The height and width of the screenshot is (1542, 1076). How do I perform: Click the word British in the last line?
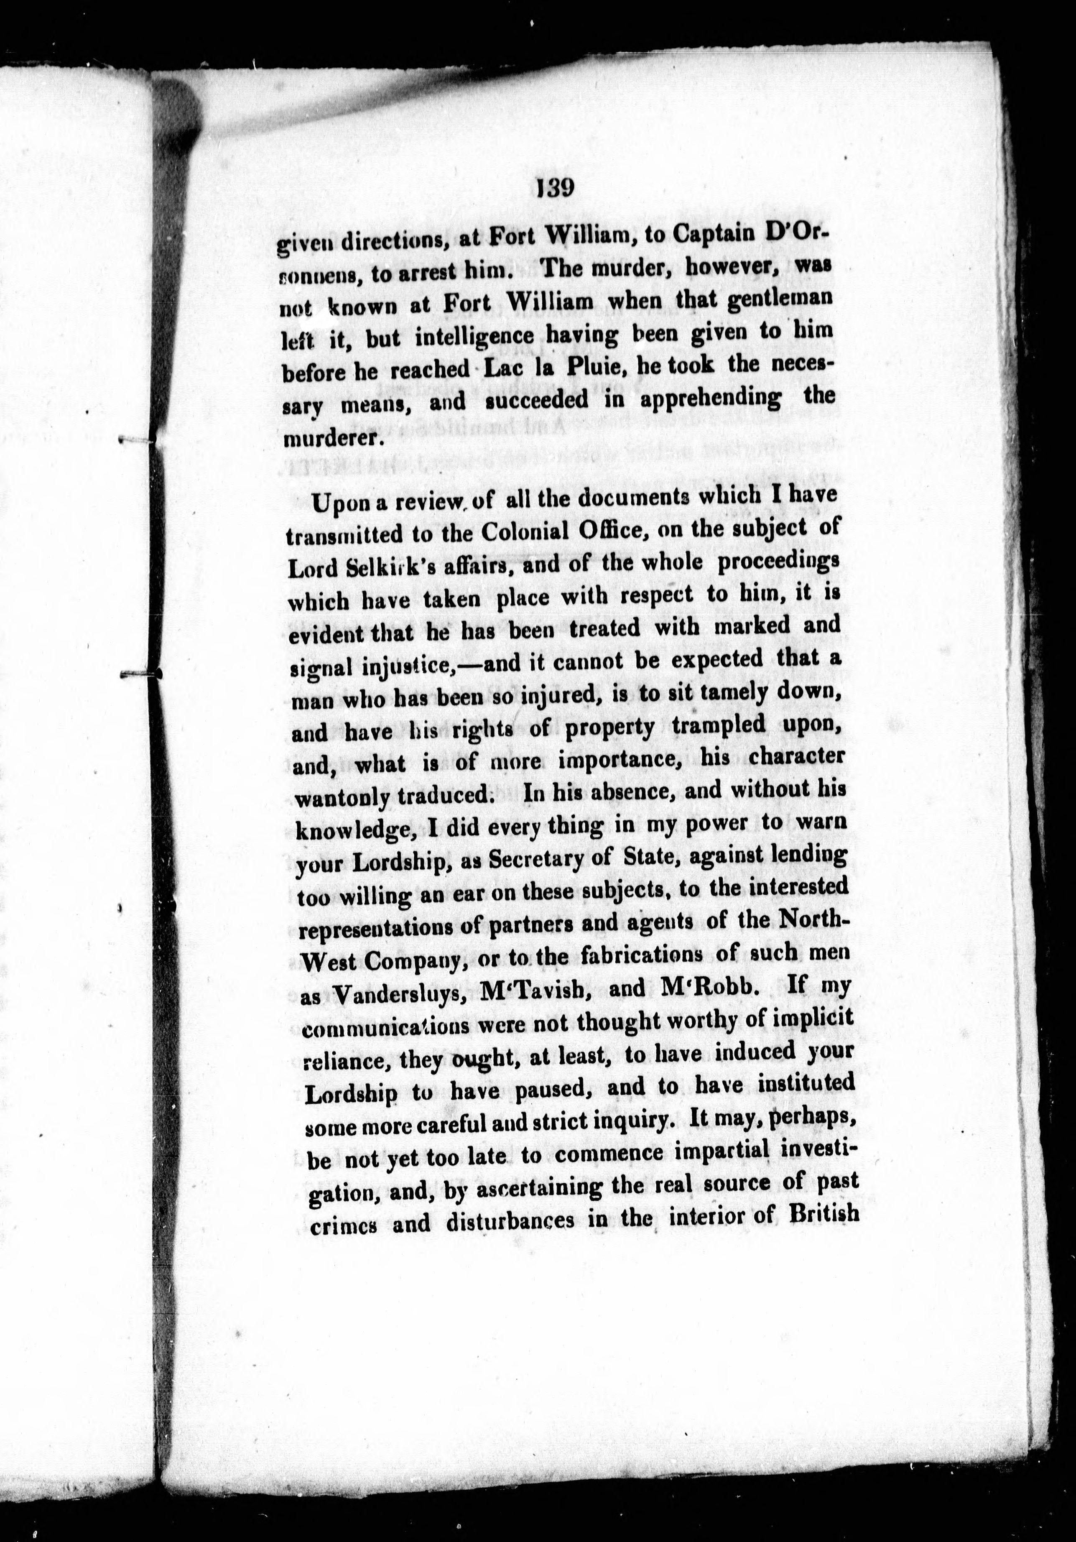tap(825, 1214)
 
